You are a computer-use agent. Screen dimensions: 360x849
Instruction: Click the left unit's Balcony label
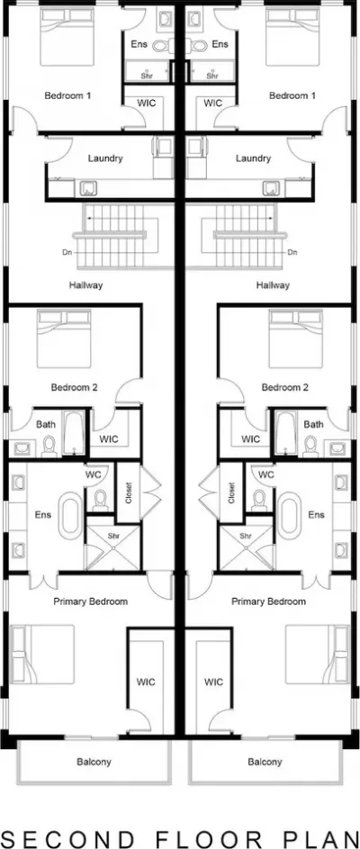click(x=94, y=762)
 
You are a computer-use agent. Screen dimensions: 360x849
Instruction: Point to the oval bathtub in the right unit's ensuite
click(x=290, y=515)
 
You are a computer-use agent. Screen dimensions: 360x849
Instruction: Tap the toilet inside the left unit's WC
click(x=100, y=501)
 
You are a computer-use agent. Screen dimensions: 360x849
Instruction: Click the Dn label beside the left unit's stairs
click(x=67, y=252)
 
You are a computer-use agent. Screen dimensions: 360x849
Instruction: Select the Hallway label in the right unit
click(x=273, y=285)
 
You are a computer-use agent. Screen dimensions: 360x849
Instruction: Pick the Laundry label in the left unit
click(x=105, y=158)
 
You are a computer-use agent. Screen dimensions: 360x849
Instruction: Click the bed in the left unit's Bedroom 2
click(x=64, y=339)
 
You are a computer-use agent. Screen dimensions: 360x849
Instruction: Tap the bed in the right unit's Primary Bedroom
click(x=317, y=654)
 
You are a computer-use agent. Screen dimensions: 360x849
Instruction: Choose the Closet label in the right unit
click(x=232, y=492)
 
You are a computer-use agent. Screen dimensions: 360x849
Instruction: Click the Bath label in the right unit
click(x=313, y=425)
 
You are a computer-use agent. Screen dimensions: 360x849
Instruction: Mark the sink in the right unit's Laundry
click(x=270, y=188)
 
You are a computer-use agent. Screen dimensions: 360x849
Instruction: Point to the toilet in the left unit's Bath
click(x=49, y=445)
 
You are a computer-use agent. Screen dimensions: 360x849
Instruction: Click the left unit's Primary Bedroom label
click(x=90, y=601)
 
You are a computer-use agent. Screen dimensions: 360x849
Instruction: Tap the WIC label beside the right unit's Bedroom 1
click(x=213, y=103)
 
